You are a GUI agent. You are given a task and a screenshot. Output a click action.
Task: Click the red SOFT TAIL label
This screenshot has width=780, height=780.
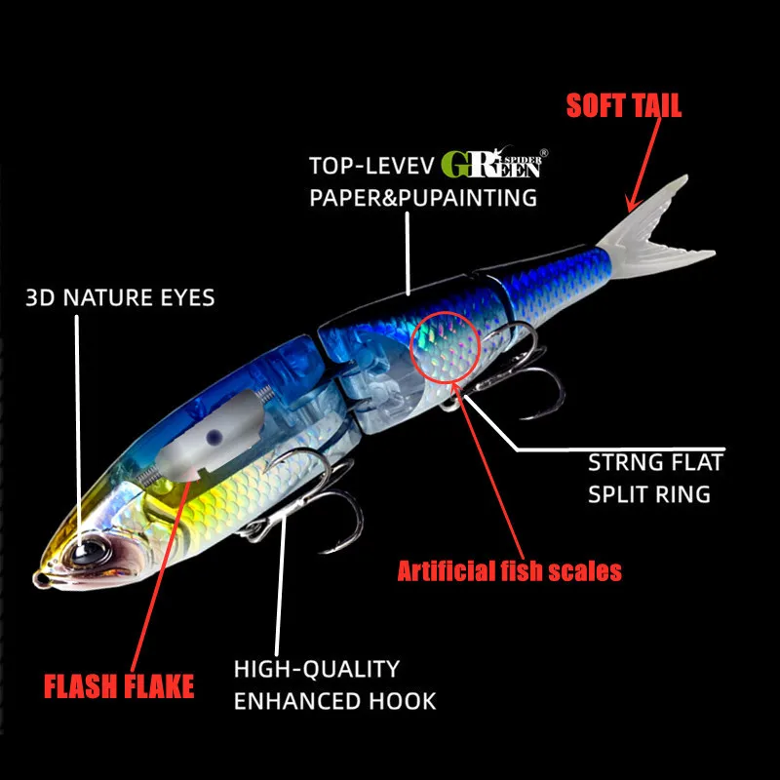tap(624, 105)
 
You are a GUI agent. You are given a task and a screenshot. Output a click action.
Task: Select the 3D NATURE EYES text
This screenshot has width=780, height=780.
tap(120, 297)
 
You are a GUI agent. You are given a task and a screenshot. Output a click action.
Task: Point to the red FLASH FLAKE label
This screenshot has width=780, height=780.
tap(119, 686)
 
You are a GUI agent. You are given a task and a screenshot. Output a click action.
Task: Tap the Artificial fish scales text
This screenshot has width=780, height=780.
tap(509, 570)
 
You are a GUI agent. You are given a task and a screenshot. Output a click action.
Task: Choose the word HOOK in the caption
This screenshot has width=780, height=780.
tap(403, 701)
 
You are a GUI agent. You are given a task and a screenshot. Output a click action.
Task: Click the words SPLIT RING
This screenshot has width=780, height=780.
tap(649, 494)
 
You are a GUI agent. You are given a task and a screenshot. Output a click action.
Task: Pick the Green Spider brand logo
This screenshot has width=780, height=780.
tap(494, 163)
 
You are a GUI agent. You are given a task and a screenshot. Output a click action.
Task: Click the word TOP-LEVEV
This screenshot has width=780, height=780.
tap(371, 166)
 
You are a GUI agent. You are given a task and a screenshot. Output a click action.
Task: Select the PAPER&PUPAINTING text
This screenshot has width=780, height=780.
tap(423, 198)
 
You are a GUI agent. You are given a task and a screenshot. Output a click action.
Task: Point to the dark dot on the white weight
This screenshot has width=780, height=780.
tap(214, 437)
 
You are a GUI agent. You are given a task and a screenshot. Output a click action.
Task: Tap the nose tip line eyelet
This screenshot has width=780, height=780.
tap(41, 579)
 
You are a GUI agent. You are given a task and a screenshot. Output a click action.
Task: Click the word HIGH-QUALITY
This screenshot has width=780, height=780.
tap(317, 669)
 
